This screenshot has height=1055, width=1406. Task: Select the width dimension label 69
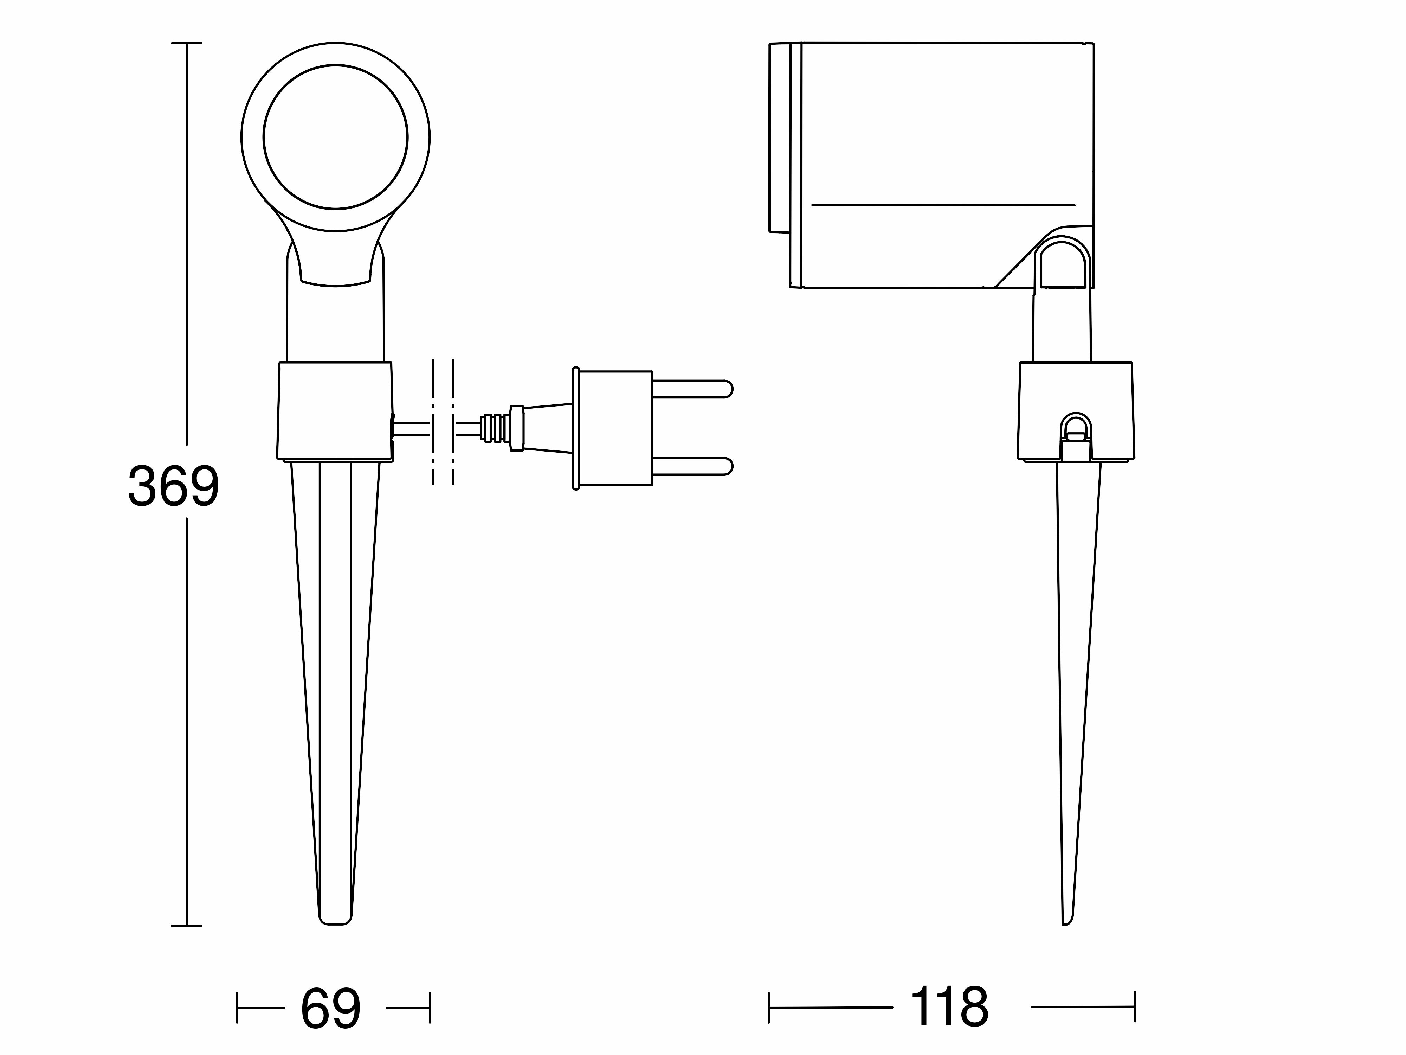point(330,1008)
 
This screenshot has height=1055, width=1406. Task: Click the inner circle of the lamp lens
point(336,65)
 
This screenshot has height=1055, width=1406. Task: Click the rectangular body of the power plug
point(615,428)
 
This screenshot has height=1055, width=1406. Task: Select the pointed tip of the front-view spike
point(335,923)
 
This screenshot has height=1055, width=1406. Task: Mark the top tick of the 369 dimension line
point(186,43)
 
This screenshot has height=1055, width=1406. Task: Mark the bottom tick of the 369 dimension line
point(186,926)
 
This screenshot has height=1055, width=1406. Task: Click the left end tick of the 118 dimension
point(769,1007)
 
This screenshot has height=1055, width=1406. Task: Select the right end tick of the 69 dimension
point(430,1008)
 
